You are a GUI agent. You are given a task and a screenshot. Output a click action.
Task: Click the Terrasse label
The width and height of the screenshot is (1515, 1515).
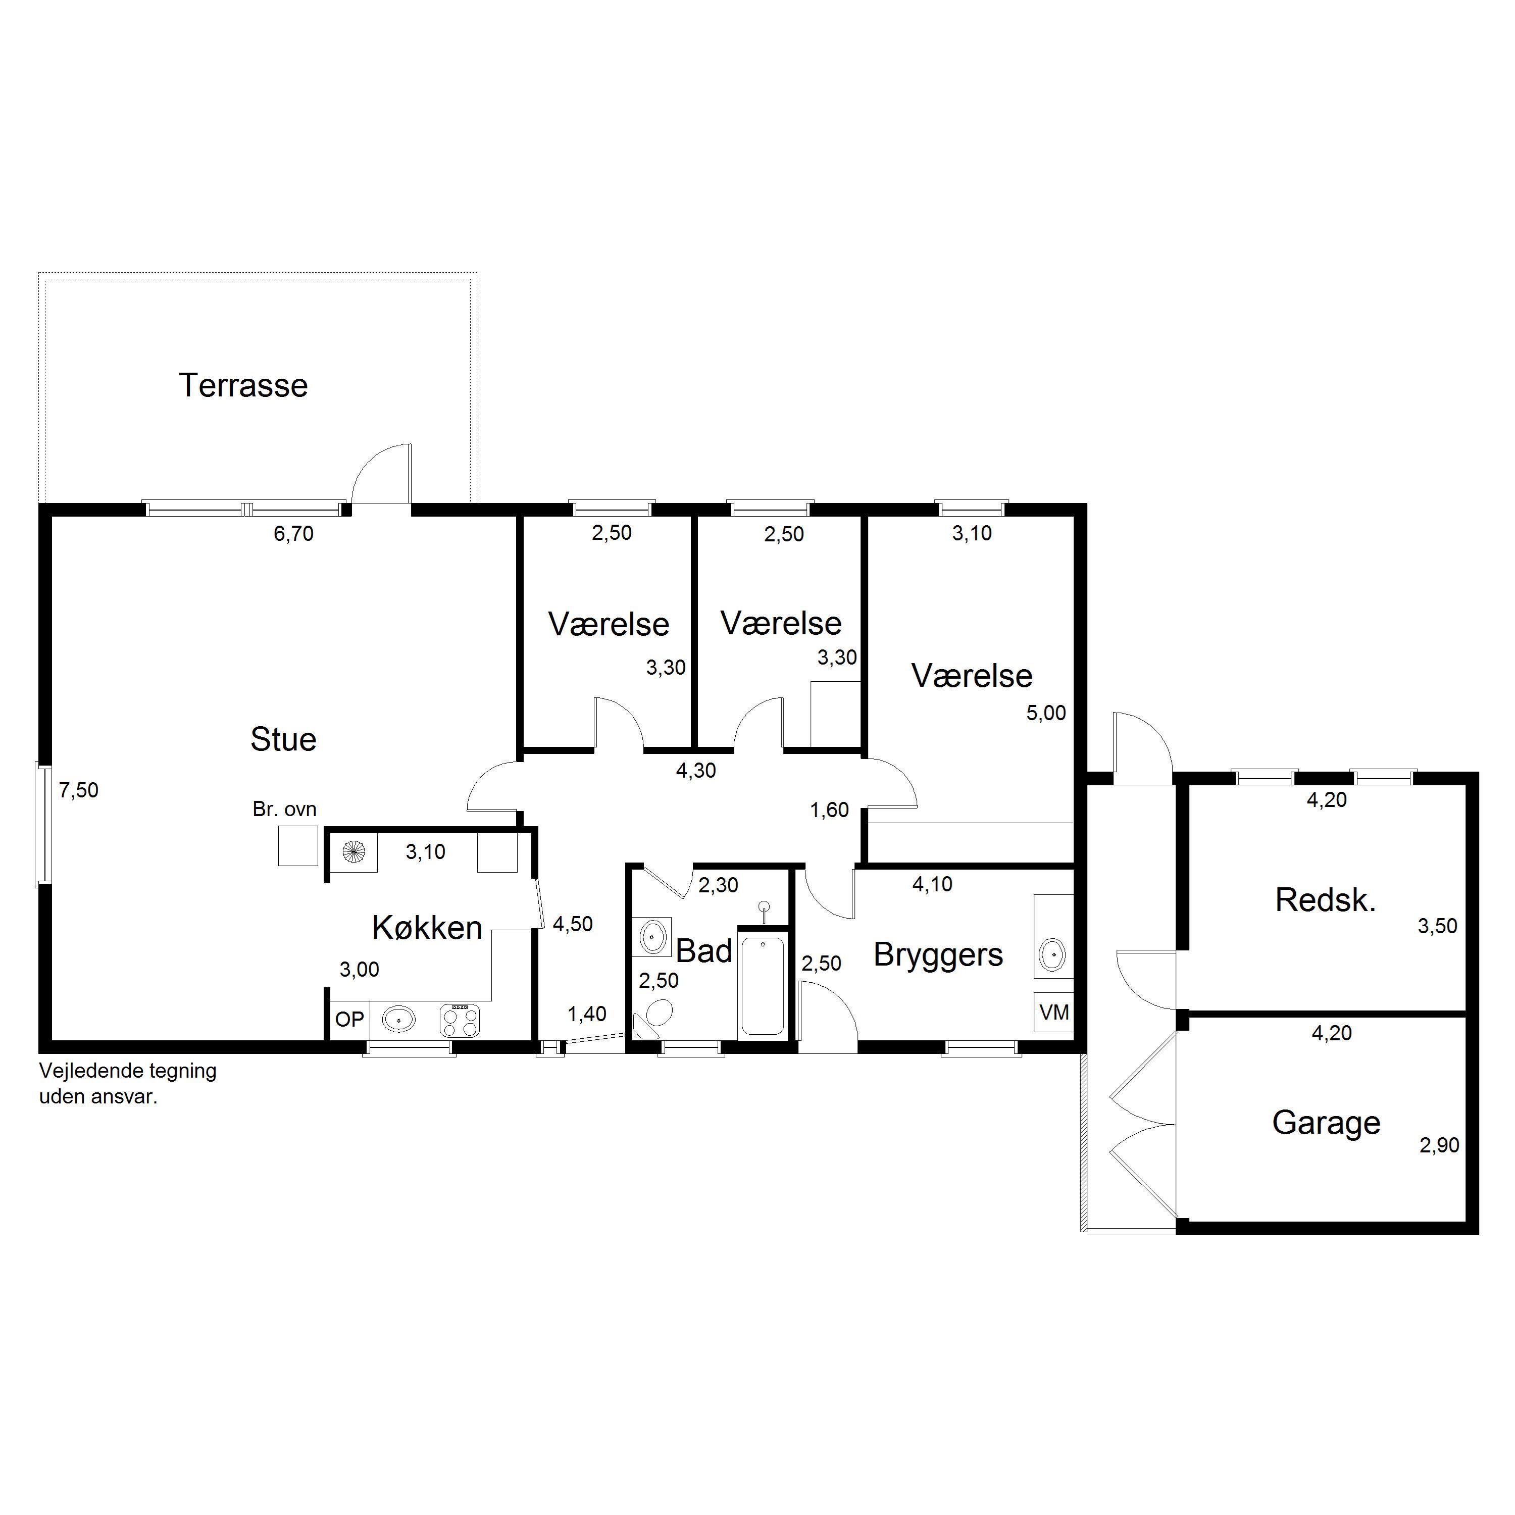click(243, 385)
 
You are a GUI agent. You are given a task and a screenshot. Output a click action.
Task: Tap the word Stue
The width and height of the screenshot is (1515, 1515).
click(283, 739)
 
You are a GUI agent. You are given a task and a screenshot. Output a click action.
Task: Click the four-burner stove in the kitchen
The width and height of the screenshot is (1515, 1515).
click(460, 1020)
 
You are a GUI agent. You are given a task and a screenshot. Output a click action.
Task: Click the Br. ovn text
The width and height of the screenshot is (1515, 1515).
click(284, 809)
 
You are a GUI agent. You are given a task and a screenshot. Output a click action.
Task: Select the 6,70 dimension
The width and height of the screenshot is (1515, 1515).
click(293, 534)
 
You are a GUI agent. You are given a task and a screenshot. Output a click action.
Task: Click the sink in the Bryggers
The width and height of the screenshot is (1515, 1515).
click(1052, 955)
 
